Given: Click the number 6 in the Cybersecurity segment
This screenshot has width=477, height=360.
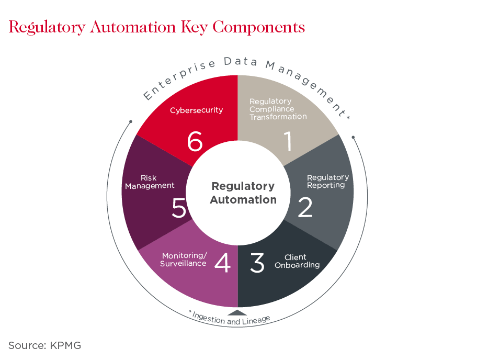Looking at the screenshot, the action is [195, 141].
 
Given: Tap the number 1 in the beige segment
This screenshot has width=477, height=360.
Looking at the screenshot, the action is [288, 141].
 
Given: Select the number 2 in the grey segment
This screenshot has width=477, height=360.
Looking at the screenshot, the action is [305, 207].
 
